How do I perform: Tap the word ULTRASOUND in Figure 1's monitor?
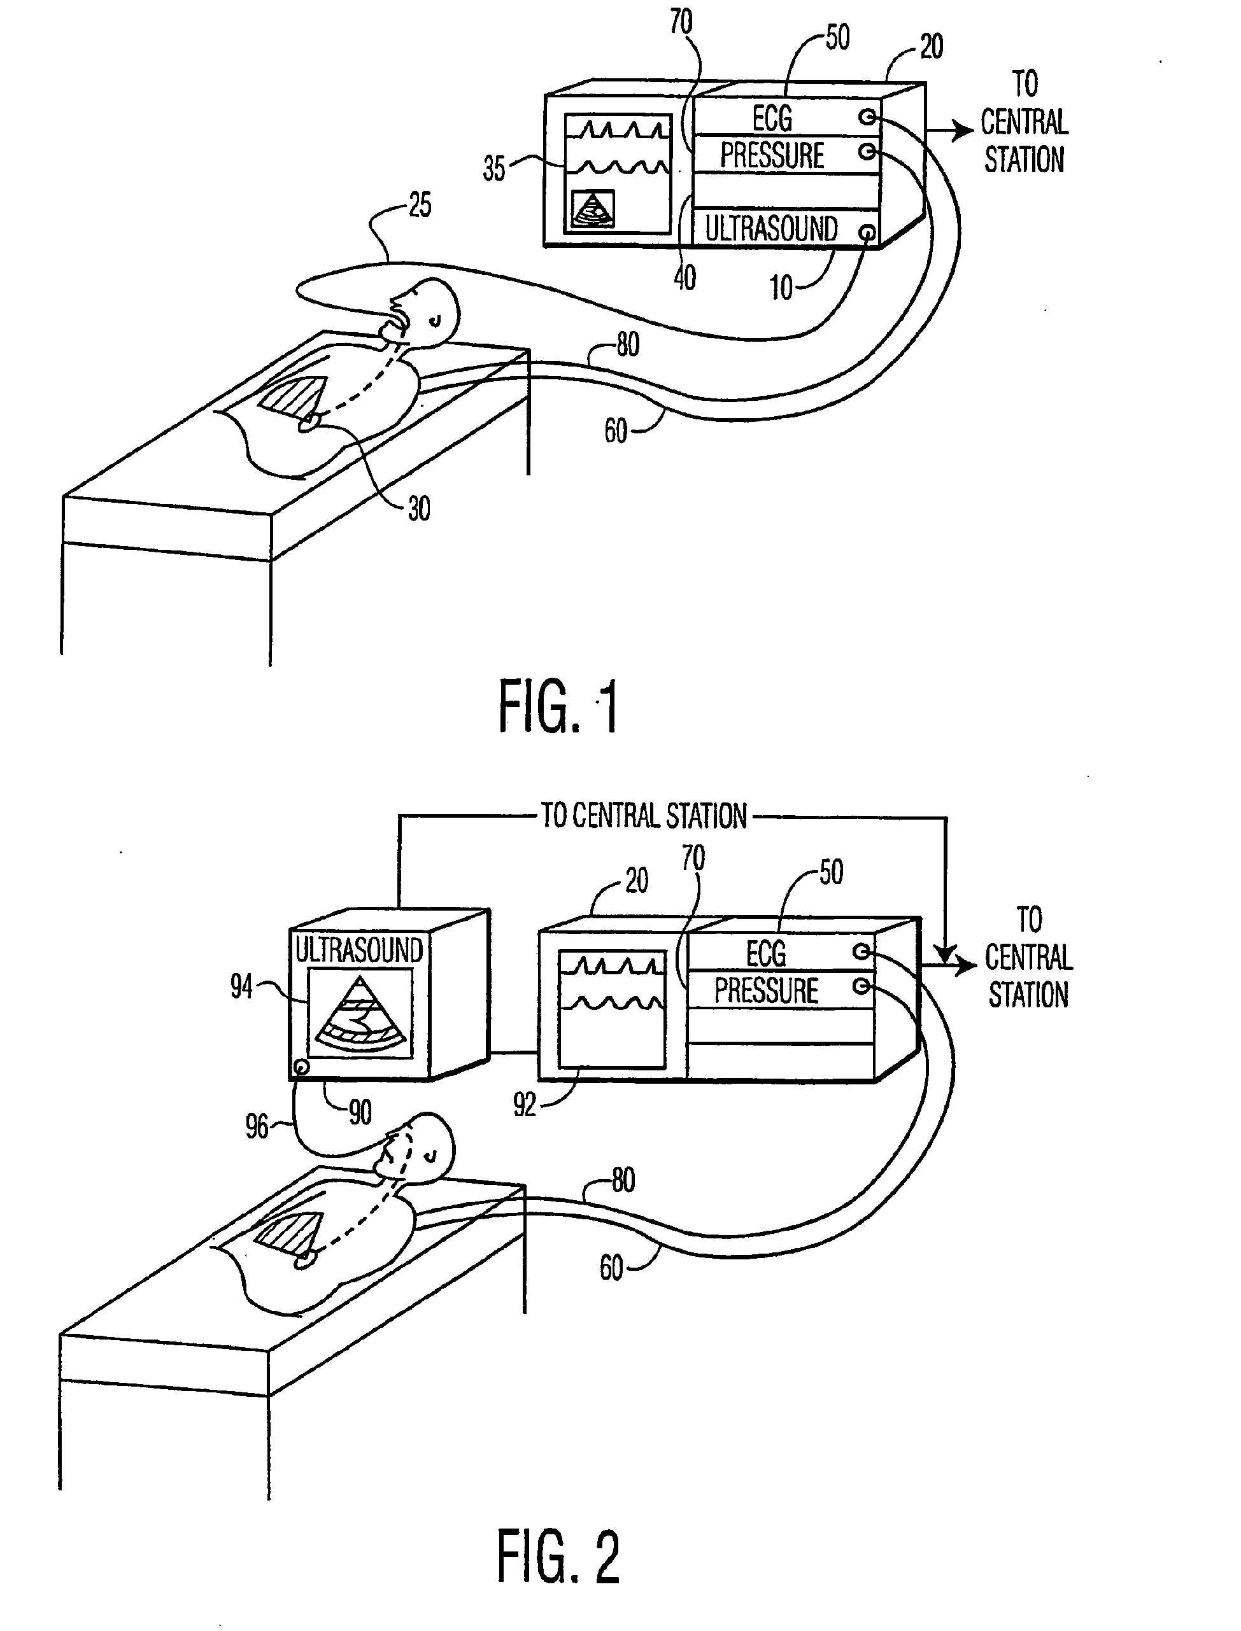[770, 229]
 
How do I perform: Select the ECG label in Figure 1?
[772, 118]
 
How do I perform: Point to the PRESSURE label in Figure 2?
[766, 991]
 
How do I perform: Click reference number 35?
[494, 169]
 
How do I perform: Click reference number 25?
[420, 206]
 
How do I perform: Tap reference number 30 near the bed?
[419, 508]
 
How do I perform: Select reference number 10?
[781, 287]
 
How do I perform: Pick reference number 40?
[684, 278]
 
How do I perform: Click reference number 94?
[241, 986]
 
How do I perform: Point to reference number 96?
[257, 1127]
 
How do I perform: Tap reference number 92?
[525, 1105]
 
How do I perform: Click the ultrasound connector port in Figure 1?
[868, 234]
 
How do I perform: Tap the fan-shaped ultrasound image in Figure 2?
[360, 1015]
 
